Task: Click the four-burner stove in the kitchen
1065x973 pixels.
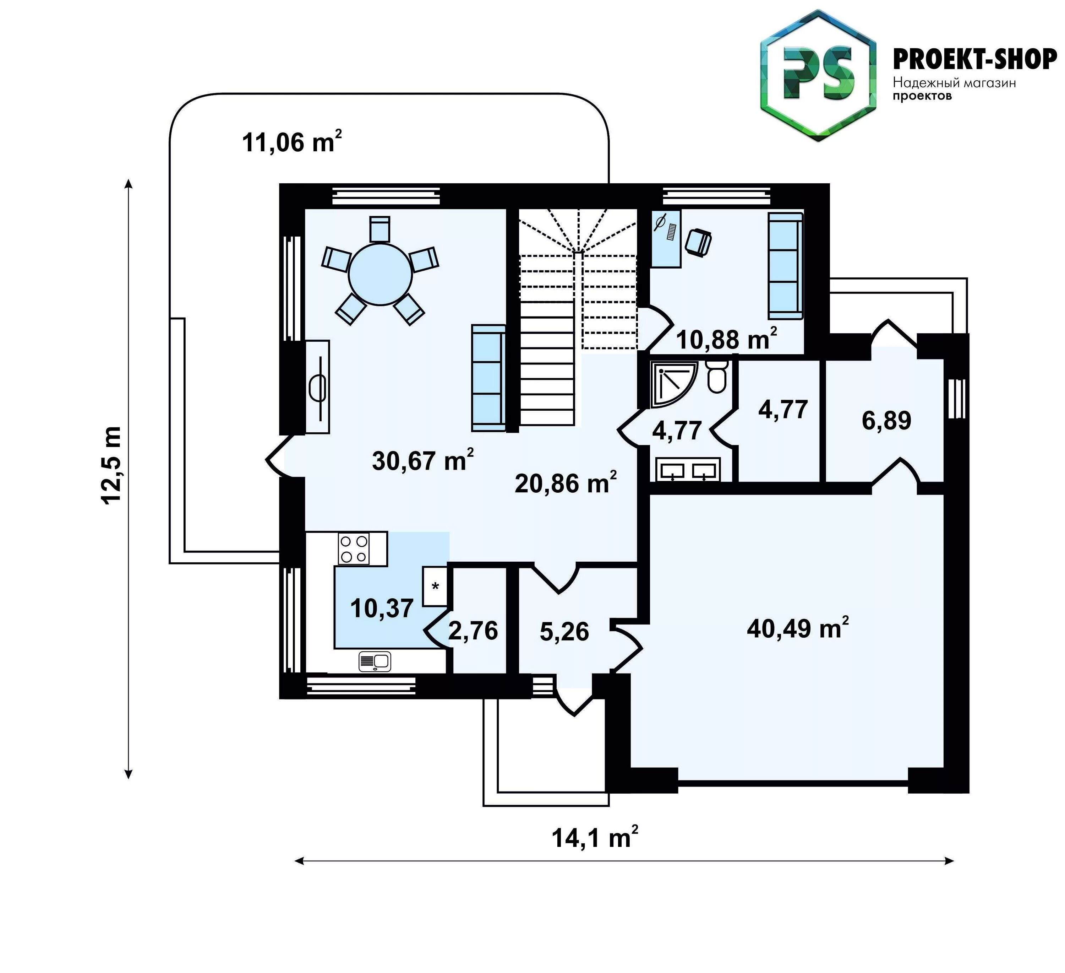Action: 354,548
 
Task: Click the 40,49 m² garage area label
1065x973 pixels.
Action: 798,627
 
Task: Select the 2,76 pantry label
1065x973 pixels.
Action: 473,631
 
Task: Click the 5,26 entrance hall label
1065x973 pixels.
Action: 564,632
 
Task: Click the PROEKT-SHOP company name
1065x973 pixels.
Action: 975,60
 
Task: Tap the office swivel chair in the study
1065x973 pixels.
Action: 698,242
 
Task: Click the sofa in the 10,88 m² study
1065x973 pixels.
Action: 785,266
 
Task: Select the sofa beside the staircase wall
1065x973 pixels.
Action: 488,378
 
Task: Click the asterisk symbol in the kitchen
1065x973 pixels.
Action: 435,586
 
